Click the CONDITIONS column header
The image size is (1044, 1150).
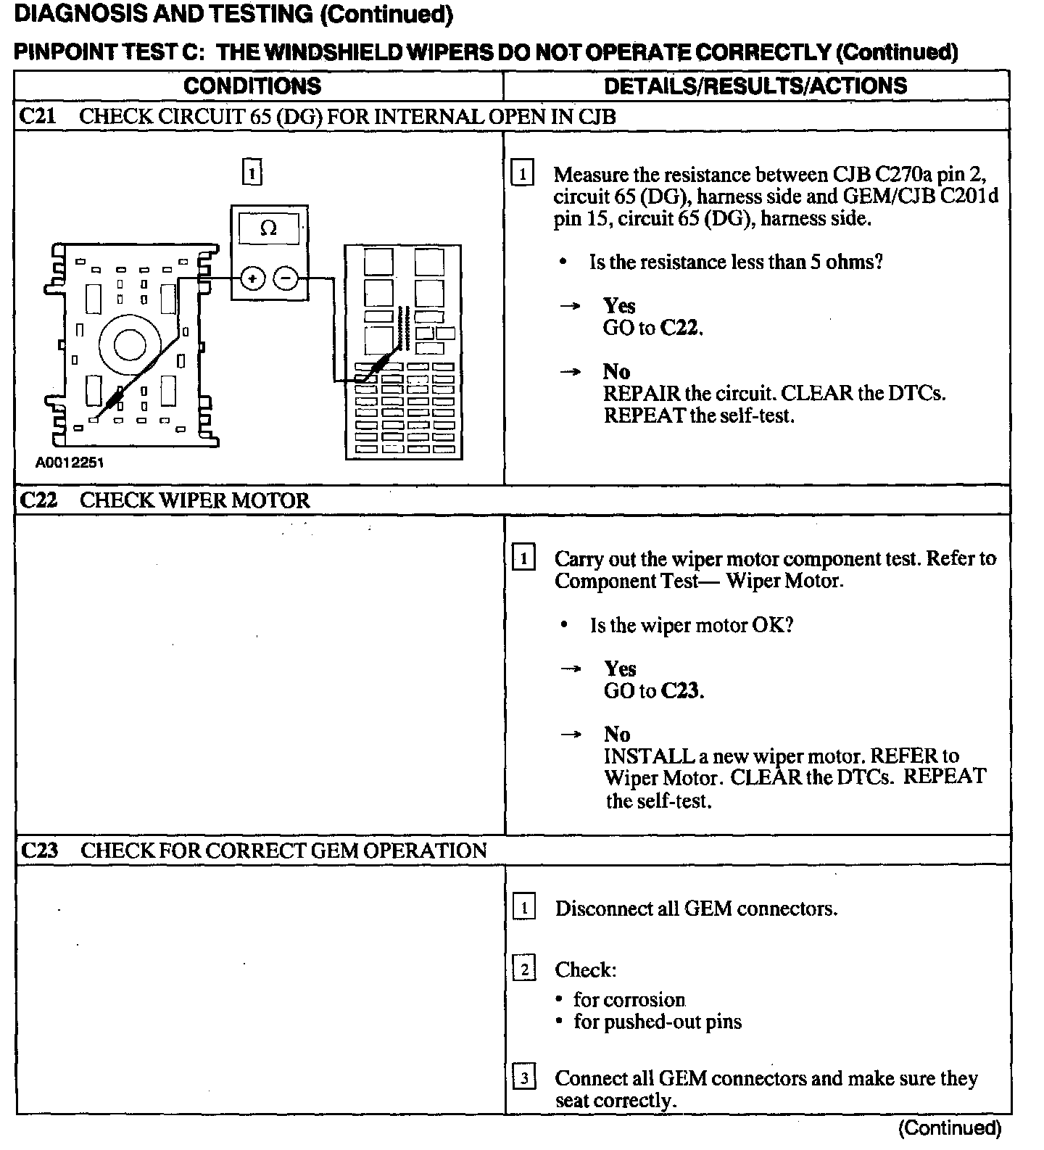click(252, 86)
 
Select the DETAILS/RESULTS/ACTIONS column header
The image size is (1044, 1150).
click(755, 86)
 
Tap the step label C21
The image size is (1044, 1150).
click(37, 117)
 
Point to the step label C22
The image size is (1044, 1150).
click(38, 500)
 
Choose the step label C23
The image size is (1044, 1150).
click(38, 851)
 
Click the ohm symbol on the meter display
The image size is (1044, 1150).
click(268, 229)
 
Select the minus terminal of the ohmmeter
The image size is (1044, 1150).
click(287, 278)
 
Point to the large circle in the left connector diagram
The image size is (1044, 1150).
click(130, 344)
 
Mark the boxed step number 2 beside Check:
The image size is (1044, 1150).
click(523, 969)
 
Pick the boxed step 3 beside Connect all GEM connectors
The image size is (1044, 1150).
click(523, 1078)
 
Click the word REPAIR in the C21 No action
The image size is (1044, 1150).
click(642, 394)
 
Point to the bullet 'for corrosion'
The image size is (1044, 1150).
click(629, 1000)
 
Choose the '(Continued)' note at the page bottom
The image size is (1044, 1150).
click(950, 1128)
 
